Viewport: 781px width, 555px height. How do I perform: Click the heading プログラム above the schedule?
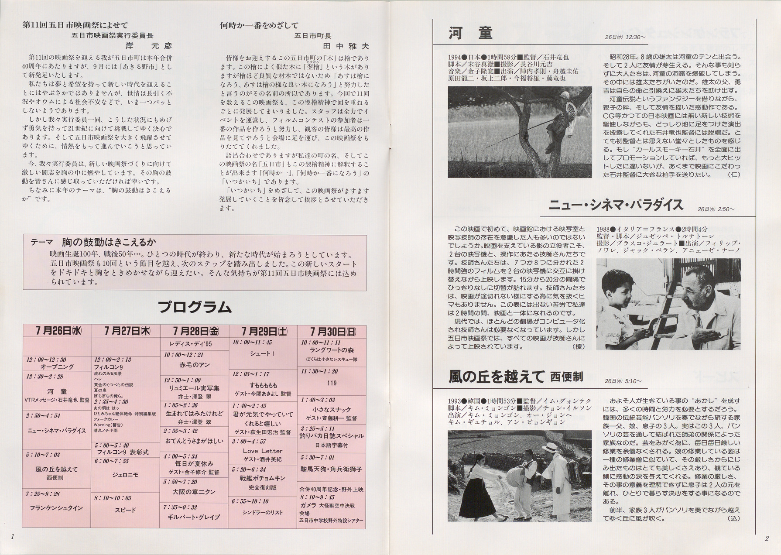[195, 307]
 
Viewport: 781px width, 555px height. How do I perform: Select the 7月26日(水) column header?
[57, 331]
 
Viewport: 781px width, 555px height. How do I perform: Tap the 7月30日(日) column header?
[332, 331]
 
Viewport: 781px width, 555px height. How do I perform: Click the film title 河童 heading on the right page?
[470, 33]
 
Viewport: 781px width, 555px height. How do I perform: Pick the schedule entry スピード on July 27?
[126, 510]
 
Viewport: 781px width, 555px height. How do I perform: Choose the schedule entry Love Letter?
[263, 451]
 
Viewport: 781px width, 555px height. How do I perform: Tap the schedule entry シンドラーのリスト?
[263, 513]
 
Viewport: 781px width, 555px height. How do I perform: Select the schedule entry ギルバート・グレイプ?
[194, 517]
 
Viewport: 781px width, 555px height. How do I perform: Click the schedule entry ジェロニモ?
[126, 474]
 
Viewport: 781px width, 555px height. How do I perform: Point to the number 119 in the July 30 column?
[332, 383]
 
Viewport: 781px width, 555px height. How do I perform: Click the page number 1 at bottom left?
[14, 537]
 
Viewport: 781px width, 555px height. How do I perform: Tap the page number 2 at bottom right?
[767, 538]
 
